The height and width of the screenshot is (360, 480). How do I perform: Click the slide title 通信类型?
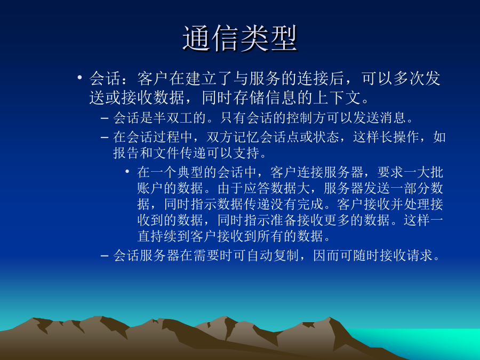tap(240, 38)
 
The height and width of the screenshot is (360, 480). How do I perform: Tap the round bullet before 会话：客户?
tap(79, 77)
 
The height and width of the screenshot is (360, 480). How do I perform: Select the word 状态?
tap(326, 137)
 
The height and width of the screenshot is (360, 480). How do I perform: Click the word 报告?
tap(126, 153)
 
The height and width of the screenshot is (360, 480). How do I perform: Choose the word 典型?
tap(190, 172)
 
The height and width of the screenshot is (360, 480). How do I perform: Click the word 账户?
tap(150, 188)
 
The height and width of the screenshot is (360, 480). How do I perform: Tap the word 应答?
tap(257, 188)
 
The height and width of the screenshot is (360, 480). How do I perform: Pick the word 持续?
tap(164, 236)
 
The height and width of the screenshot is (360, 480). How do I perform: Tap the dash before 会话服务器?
tap(105, 255)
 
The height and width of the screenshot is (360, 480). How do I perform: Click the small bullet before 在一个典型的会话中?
tap(127, 171)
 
